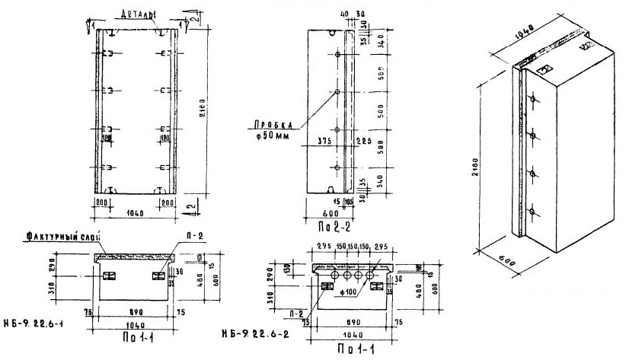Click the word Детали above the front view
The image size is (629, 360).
(x=136, y=14)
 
